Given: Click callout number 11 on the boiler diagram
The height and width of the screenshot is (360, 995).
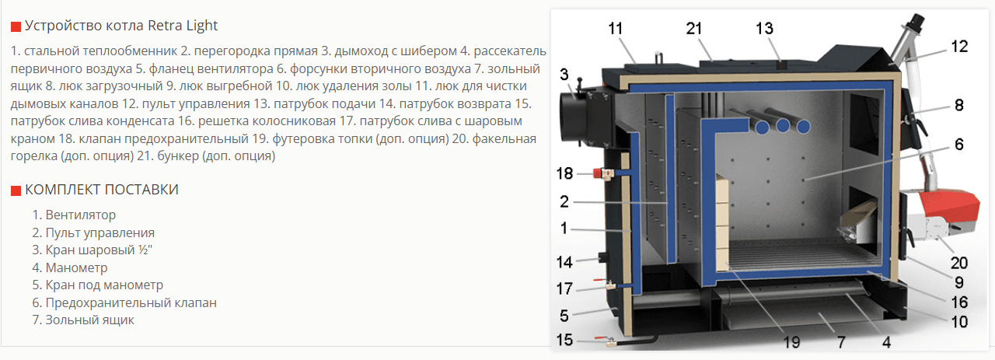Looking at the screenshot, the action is (x=616, y=29).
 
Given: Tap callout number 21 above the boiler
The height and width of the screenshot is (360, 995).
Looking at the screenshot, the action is (x=694, y=29).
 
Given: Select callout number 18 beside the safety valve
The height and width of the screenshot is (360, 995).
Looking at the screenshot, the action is (x=564, y=173).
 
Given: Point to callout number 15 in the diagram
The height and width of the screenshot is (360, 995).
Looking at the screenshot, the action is (x=564, y=340).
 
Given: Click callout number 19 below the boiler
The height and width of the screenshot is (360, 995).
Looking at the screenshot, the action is (x=791, y=342).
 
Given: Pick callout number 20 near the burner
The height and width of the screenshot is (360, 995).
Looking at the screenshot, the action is (x=959, y=263).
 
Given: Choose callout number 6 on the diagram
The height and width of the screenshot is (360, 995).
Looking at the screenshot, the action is (x=959, y=145).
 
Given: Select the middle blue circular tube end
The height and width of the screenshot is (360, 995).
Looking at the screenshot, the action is (x=783, y=127).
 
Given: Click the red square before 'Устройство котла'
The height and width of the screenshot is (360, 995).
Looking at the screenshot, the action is (x=16, y=26).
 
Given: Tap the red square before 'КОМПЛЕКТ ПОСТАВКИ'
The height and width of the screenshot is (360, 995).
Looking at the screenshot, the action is (x=16, y=190).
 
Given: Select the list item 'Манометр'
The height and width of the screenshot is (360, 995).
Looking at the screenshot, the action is (x=76, y=267).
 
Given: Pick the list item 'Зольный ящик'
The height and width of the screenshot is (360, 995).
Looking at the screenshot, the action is (x=89, y=320).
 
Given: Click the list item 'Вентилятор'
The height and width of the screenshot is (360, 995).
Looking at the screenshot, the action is (x=80, y=215).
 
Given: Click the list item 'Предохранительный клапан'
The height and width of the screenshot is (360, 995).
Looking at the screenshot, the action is (x=131, y=302).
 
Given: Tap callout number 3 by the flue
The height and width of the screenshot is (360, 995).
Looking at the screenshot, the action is (x=564, y=74).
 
